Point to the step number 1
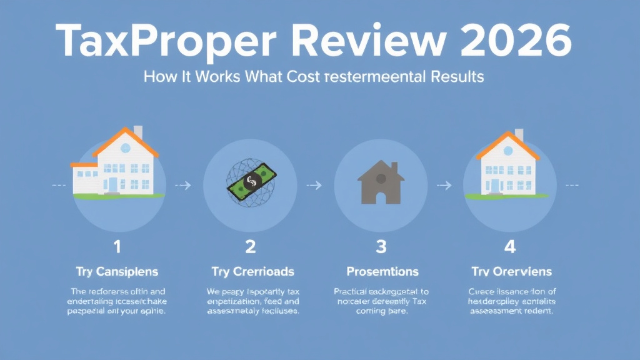point(117,247)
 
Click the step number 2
point(250,247)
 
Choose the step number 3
point(381,247)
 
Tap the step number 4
point(510,247)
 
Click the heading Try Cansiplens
point(117,271)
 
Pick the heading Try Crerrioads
point(250,271)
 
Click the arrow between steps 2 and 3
point(315,185)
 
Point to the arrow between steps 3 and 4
point(444,185)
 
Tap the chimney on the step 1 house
point(138,132)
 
